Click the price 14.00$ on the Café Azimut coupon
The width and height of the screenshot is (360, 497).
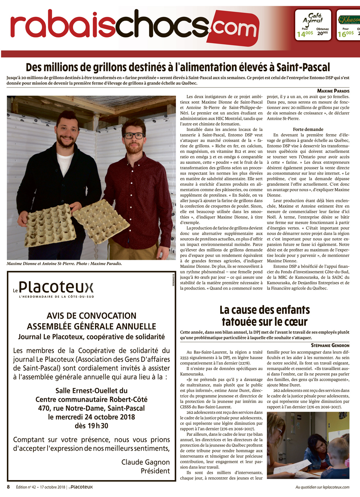(305, 34)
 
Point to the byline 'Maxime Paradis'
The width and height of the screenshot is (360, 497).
(333, 91)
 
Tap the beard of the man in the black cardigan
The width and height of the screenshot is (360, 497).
(67, 140)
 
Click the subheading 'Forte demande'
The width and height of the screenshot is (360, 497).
(308, 129)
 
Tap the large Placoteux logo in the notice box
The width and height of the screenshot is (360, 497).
(56, 287)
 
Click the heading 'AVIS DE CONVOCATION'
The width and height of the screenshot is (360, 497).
(91, 316)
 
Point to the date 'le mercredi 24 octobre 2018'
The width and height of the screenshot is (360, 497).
(91, 417)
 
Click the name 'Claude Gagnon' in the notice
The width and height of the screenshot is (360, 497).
(145, 462)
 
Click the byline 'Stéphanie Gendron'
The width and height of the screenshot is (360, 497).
(330, 345)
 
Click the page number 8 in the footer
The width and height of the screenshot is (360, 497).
(8, 487)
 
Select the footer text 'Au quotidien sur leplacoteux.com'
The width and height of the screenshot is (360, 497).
(322, 487)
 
